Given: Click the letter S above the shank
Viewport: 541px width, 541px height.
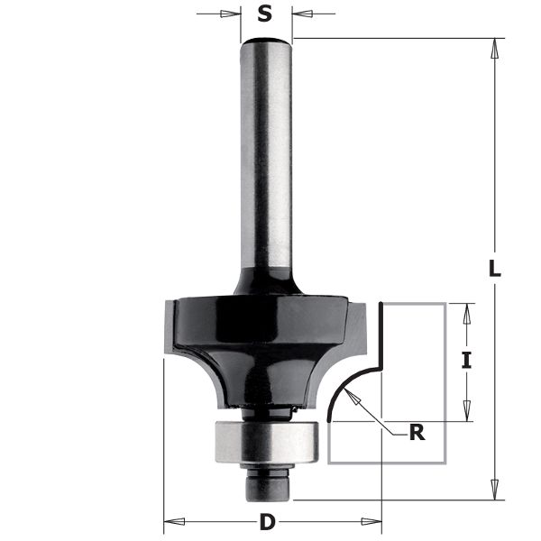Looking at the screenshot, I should [264, 14].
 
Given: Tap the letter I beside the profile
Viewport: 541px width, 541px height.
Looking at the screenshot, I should [466, 362].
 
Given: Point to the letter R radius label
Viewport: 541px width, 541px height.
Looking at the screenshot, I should [417, 432].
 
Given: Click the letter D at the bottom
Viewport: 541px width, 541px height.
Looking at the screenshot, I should [267, 522].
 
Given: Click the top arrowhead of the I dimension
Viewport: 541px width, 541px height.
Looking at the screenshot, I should [466, 312].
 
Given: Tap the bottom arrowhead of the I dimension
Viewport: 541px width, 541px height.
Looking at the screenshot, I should [466, 412].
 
